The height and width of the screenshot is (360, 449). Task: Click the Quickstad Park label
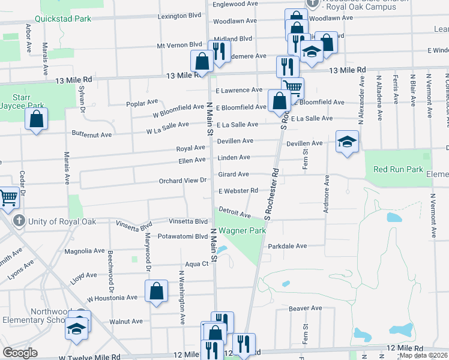(x=63, y=19)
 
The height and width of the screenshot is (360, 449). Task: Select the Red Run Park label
(x=398, y=170)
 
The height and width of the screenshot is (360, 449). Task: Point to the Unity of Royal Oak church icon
(x=19, y=221)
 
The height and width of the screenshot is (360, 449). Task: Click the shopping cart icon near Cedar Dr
(x=8, y=197)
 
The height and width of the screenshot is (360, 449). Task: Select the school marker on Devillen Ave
(x=347, y=142)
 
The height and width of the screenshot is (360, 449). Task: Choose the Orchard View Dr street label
(x=182, y=180)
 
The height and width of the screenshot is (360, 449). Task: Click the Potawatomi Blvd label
(x=182, y=236)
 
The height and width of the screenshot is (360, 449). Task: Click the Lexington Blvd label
(x=180, y=16)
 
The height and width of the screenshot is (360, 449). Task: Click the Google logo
(x=20, y=353)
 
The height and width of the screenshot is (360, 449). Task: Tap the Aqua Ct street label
(x=196, y=263)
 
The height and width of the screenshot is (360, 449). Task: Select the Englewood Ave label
(x=235, y=4)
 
